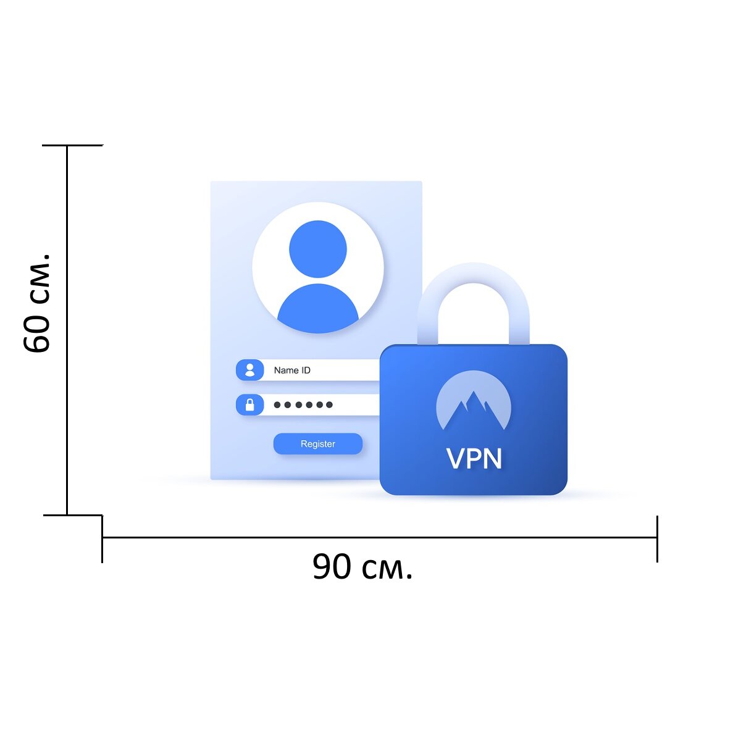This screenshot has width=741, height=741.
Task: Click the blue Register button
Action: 317,443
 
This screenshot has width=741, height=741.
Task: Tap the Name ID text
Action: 292,371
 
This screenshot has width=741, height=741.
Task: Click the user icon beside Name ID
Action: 250,370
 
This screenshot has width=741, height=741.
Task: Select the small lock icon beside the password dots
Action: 250,404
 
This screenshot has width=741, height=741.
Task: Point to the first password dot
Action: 277,404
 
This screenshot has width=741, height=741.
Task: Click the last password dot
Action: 329,404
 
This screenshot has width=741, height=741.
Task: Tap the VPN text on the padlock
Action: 474,458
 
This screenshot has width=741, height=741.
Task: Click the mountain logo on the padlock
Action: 474,400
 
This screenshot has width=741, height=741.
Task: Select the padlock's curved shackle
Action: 474,274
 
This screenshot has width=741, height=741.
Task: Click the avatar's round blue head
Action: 317,249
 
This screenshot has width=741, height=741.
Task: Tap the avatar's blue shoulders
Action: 317,309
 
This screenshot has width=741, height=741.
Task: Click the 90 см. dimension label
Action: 362,566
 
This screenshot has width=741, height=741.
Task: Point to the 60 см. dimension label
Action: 36,303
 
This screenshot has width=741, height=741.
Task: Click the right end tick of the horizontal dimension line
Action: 657,539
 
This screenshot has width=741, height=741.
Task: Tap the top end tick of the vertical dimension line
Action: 73,145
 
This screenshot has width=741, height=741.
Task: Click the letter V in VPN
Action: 455,458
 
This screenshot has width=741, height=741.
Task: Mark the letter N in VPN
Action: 493,458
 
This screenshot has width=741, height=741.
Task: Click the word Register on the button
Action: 317,444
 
